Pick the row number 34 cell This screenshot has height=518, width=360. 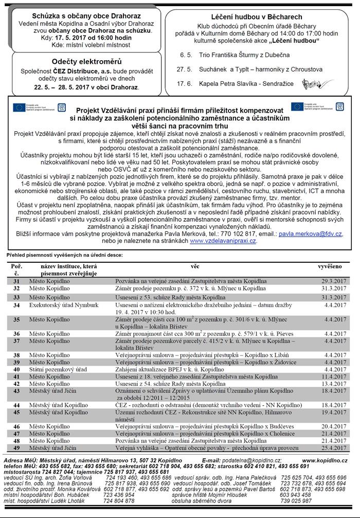16,305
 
